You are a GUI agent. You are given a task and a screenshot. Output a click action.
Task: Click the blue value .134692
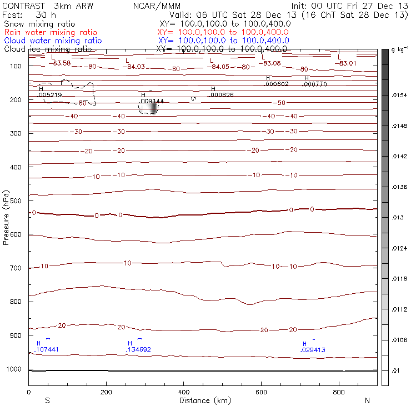click(139, 350)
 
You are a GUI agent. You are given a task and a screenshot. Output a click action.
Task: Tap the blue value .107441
click(47, 350)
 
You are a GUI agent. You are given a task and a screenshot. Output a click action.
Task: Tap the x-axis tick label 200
click(106, 392)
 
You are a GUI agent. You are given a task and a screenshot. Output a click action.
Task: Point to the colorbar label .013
click(398, 218)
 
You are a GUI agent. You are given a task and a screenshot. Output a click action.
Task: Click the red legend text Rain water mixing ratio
click(51, 32)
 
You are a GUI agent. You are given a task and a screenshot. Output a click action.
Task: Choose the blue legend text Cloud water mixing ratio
click(53, 41)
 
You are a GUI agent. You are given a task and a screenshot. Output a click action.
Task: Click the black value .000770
click(315, 84)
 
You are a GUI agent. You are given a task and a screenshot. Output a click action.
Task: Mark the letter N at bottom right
click(367, 400)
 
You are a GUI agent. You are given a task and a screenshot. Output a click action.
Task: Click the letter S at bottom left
click(48, 400)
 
